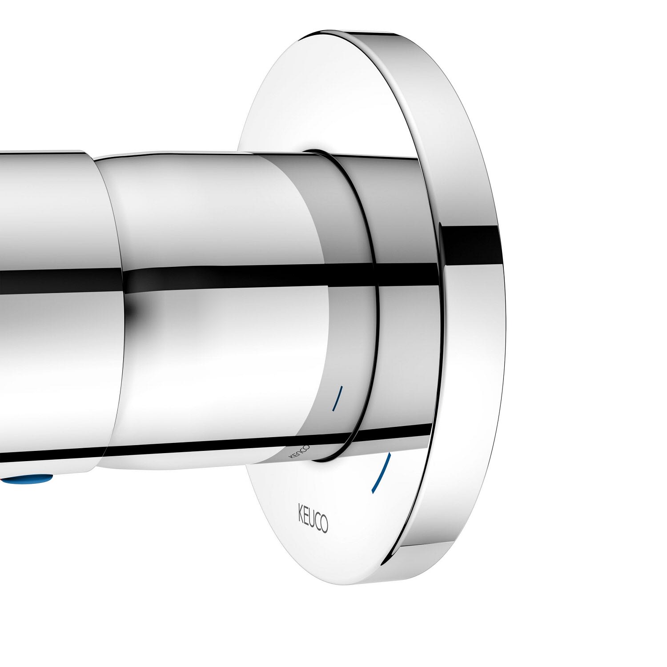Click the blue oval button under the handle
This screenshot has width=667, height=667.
(x=27, y=480)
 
